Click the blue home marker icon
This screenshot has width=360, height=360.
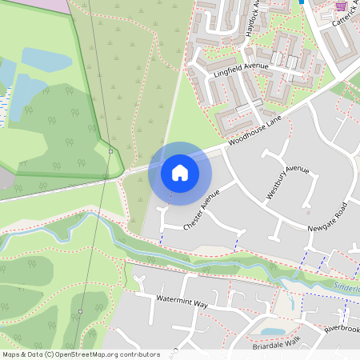tap(180, 173)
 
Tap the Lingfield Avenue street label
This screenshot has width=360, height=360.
tap(238, 71)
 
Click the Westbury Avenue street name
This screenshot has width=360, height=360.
tap(287, 182)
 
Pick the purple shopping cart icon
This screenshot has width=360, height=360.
tap(341, 6)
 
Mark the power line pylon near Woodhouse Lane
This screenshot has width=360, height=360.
tap(110, 150)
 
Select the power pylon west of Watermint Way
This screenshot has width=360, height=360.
tap(81, 311)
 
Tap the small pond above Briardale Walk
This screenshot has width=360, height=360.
tap(272, 331)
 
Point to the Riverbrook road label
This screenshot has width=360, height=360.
tap(345, 329)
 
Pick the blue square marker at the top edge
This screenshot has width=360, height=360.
tap(302, 2)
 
